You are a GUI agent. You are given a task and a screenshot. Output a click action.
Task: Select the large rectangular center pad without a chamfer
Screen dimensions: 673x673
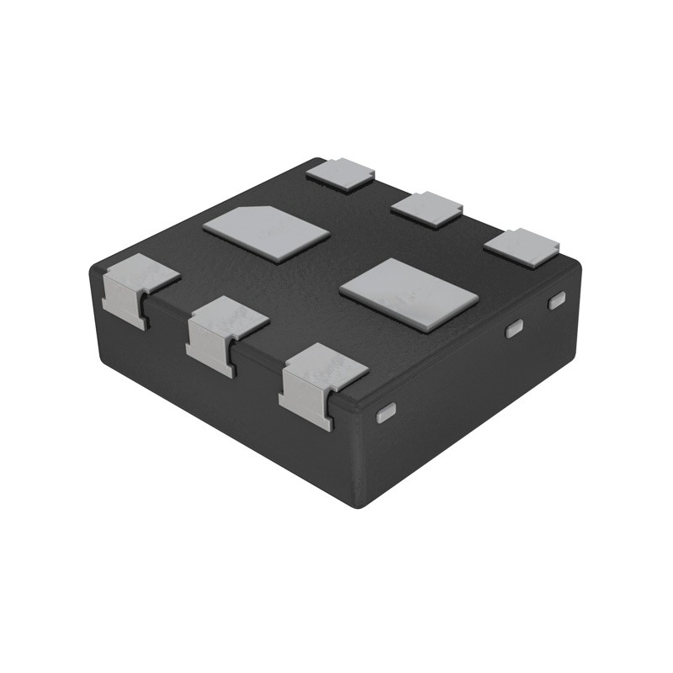(409, 294)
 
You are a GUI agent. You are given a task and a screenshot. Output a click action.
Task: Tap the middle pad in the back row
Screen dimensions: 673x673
(427, 208)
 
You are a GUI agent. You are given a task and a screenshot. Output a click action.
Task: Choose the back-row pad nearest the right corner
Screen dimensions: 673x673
(522, 247)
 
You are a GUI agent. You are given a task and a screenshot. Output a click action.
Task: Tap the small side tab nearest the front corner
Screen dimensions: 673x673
(386, 411)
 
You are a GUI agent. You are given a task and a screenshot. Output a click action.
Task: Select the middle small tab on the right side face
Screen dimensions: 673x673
(513, 329)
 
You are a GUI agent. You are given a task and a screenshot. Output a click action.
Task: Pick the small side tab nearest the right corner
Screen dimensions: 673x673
(556, 299)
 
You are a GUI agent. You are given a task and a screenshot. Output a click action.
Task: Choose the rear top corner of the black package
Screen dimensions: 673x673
(315, 159)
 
